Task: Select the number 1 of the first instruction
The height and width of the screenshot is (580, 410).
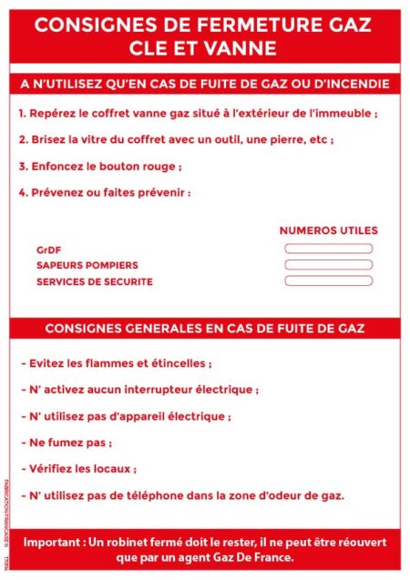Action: click(21, 114)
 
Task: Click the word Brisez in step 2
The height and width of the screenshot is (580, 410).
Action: click(47, 140)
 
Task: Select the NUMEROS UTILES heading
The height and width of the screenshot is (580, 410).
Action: click(328, 230)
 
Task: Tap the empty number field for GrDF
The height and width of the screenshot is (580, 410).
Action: click(328, 249)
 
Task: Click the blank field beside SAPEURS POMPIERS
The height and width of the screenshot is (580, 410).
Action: click(328, 265)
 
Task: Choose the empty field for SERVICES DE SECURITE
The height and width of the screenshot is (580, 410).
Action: click(328, 281)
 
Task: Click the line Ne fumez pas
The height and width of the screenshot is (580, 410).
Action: click(66, 443)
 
